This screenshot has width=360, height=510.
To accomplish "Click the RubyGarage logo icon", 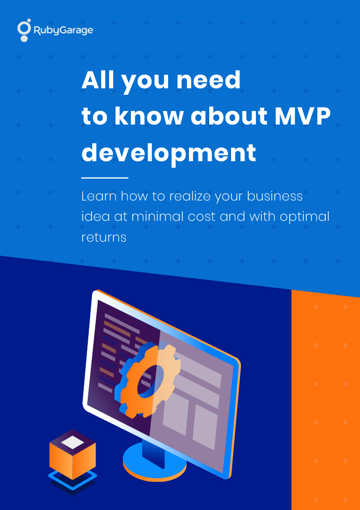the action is (x=24, y=30).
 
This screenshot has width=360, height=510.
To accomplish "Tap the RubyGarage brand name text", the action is (x=63, y=31).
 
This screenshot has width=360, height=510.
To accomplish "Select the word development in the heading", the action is (x=169, y=153).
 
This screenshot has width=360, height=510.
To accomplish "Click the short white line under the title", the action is (x=105, y=178).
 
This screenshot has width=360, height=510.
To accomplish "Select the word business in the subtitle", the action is (x=275, y=196).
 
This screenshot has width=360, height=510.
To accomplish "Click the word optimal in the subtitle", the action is (x=304, y=217).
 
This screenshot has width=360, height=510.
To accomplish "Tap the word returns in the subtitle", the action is (x=104, y=238).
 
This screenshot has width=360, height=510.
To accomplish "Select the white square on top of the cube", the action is (x=73, y=443).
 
